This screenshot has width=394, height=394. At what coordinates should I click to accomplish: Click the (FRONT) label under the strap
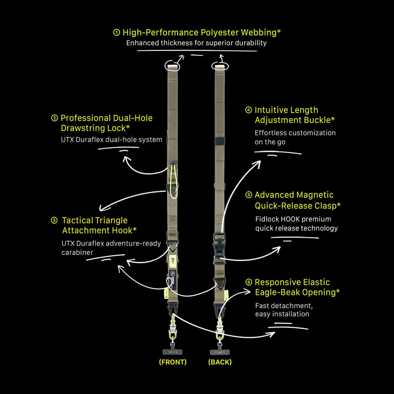coord(173,362)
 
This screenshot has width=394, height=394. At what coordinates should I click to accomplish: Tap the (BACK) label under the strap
coord(220,362)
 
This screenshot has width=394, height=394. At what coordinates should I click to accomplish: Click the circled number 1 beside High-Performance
coord(116,33)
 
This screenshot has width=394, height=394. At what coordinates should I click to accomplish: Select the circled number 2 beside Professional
coord(54,118)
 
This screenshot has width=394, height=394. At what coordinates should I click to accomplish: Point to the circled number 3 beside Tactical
coord(54,221)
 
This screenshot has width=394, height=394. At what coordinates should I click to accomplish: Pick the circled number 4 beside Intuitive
coord(248,110)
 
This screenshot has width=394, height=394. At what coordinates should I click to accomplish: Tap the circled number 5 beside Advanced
coord(248,195)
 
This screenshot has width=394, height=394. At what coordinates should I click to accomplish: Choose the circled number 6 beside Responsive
coord(248,282)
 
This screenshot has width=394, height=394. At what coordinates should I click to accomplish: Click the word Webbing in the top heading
coord(259,33)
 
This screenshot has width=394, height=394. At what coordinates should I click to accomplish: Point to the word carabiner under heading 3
coord(77,252)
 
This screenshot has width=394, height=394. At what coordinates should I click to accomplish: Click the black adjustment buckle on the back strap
coord(220,141)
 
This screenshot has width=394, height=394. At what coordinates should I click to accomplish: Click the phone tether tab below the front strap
coord(172,352)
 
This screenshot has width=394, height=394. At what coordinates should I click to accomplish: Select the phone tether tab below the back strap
coord(220,352)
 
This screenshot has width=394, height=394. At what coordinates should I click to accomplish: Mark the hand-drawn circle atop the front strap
coord(172,66)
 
